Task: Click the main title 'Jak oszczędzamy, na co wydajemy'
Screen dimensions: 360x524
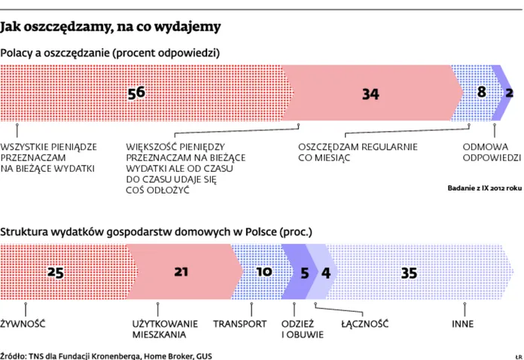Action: tap(111, 28)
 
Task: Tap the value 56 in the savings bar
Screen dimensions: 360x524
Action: tap(136, 93)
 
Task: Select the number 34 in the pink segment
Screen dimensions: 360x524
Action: tap(370, 94)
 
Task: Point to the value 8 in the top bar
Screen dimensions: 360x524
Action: tap(482, 92)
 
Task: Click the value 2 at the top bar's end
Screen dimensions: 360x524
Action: tap(510, 93)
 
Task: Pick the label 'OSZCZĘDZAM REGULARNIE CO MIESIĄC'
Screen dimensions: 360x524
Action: tap(357, 153)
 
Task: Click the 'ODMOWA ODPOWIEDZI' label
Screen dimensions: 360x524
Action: tap(491, 153)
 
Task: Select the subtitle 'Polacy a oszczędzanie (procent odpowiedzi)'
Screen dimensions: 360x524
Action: tap(110, 53)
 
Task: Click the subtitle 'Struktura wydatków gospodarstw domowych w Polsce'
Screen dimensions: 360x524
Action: tap(156, 232)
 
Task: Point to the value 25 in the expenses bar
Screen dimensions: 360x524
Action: tap(55, 273)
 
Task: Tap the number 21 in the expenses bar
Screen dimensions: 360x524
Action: tap(181, 273)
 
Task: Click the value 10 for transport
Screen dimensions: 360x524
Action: tap(264, 273)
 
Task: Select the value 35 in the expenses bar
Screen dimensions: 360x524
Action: tap(409, 273)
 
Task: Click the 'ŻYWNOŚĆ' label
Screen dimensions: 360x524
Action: tap(24, 324)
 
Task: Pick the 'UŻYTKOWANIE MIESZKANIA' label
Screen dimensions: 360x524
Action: tap(160, 329)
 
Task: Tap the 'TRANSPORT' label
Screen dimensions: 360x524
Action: tap(239, 324)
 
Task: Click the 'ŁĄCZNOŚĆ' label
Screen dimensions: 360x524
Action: tap(364, 324)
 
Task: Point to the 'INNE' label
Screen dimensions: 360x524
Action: tap(462, 324)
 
